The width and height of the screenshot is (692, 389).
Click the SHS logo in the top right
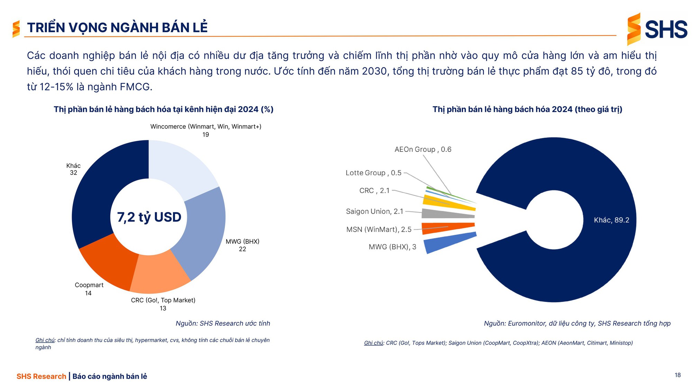657,29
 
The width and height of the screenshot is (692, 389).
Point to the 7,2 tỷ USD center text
149,217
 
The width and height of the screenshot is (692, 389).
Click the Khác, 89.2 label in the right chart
611,220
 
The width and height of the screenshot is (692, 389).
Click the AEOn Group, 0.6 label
423,149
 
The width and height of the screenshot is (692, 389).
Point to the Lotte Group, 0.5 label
373,173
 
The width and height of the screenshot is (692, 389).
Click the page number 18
677,375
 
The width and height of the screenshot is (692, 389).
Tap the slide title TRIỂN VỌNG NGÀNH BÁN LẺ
117,28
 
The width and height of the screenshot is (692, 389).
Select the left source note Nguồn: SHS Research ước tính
223,323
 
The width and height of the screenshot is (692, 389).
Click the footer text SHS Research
41,376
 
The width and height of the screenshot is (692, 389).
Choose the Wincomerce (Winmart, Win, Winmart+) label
206,127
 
